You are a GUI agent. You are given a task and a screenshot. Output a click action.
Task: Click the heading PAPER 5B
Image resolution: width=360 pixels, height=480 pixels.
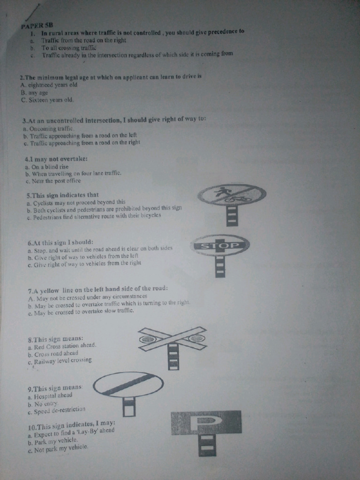pyautogui.click(x=37, y=26)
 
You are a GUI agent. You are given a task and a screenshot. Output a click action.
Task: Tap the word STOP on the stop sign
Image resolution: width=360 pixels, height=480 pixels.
pyautogui.click(x=220, y=246)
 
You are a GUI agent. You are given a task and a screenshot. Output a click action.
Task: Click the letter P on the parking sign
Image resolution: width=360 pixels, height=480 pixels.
pyautogui.click(x=207, y=421)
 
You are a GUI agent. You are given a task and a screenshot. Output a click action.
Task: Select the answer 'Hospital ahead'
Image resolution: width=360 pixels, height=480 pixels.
pyautogui.click(x=53, y=396)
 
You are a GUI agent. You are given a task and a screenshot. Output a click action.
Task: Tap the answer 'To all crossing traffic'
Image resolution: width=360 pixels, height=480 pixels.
pyautogui.click(x=68, y=48)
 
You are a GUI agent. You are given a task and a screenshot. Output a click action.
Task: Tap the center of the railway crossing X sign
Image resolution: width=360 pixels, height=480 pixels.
pyautogui.click(x=172, y=338)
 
